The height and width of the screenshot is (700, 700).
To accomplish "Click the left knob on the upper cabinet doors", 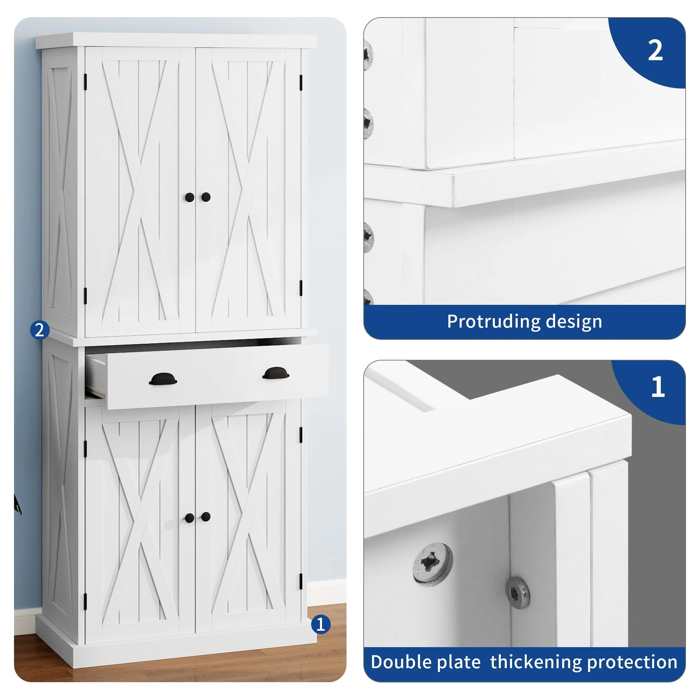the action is click(x=189, y=197).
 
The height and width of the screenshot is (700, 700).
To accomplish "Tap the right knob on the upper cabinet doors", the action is click(x=206, y=197).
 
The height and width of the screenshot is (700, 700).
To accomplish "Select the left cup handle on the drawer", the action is click(x=163, y=379).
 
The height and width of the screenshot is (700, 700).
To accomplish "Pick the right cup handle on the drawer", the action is click(x=276, y=373).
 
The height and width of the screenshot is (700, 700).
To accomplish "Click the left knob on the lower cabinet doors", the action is click(x=189, y=518).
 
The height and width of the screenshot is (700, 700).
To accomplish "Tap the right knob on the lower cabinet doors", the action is click(x=206, y=517).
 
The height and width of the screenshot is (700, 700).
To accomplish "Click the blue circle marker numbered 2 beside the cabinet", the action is click(x=40, y=330).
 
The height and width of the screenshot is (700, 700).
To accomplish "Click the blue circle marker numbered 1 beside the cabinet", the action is click(x=321, y=624).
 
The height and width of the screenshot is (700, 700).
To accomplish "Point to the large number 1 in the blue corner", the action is click(x=658, y=387).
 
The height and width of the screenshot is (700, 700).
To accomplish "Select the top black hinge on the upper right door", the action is click(x=301, y=83).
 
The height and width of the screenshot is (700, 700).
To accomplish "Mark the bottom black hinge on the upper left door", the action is click(x=85, y=296).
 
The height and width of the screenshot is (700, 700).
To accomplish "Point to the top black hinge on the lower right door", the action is click(x=301, y=435).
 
